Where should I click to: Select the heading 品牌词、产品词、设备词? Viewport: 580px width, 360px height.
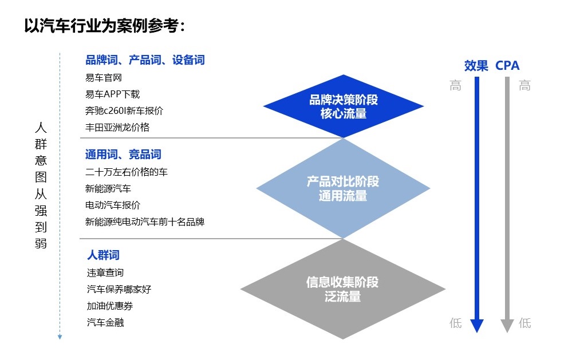[x=145, y=60]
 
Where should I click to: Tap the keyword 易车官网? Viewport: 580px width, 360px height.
[x=104, y=78]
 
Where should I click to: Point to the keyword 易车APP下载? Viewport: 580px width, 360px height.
[x=112, y=94]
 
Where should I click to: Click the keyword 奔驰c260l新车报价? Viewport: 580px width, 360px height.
[x=124, y=110]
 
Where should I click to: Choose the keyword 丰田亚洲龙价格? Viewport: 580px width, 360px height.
[x=117, y=127]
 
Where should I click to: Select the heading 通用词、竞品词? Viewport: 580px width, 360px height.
[x=123, y=155]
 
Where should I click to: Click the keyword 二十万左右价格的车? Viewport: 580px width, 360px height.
[x=127, y=172]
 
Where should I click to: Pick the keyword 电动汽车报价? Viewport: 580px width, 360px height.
[x=113, y=205]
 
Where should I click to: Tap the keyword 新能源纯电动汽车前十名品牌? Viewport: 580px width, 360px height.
[x=145, y=221]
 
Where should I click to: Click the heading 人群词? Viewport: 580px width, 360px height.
[x=104, y=255]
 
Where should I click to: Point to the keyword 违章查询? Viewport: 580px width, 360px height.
[x=105, y=272]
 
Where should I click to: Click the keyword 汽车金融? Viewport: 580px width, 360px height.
[x=105, y=322]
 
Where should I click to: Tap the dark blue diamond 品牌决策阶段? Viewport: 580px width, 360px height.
[x=344, y=106]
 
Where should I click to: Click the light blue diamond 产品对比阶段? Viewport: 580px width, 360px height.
[x=343, y=189]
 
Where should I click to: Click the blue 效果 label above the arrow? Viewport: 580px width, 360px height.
[x=476, y=66]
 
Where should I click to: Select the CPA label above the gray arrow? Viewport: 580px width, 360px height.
[x=507, y=66]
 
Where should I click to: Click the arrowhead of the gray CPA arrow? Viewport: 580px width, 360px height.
[x=507, y=325]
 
